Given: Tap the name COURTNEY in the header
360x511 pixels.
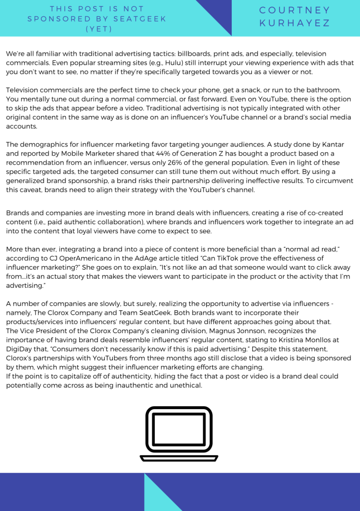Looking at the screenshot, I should point(295,10).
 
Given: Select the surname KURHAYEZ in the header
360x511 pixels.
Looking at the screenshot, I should point(295,23).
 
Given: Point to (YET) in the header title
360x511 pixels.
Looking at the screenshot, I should point(98,28).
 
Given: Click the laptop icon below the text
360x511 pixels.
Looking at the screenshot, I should point(179,434).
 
